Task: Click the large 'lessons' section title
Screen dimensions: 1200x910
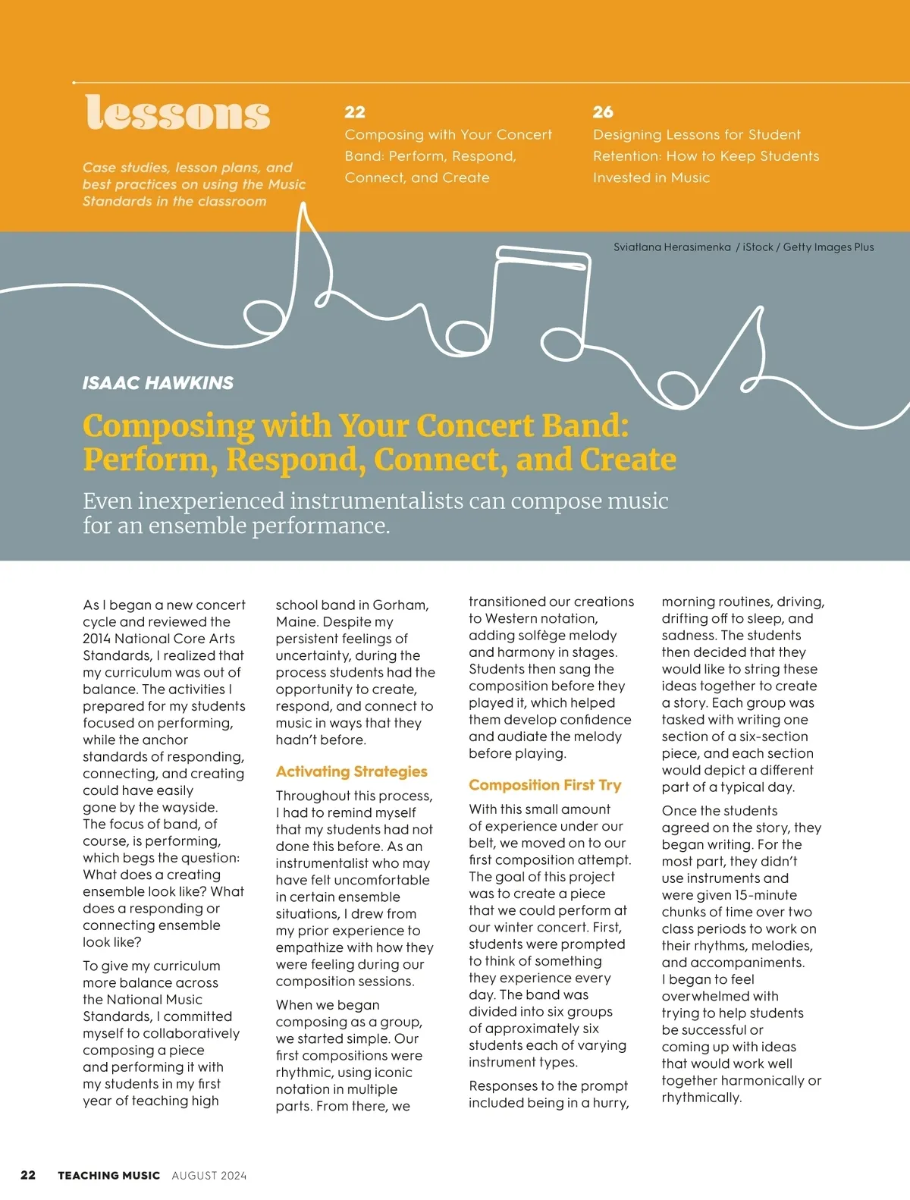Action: click(177, 114)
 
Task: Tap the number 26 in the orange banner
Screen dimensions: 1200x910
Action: click(603, 112)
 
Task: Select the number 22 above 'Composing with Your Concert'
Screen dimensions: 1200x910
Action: click(354, 112)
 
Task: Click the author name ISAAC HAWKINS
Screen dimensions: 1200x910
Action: click(158, 383)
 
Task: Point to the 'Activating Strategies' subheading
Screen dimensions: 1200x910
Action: click(351, 771)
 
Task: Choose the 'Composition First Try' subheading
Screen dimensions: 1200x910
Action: click(544, 785)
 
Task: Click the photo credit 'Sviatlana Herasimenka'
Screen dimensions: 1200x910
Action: click(672, 247)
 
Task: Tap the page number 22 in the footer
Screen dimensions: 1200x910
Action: click(28, 1175)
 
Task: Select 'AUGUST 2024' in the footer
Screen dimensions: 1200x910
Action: click(209, 1176)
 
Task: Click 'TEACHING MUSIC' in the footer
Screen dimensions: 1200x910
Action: click(108, 1176)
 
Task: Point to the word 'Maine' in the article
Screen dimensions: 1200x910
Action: click(297, 622)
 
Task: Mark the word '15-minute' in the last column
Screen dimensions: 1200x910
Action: click(766, 895)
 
